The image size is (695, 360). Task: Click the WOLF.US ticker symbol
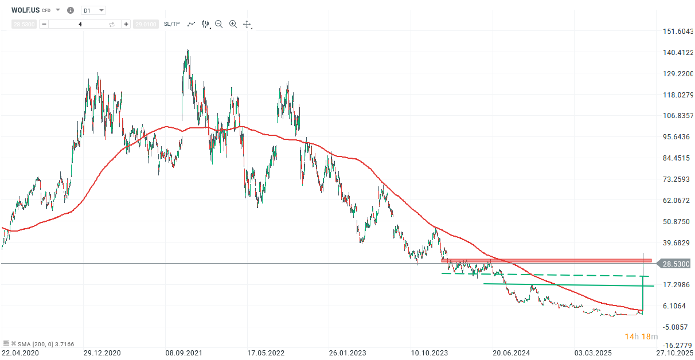click(x=25, y=10)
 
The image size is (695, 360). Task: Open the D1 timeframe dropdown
click(x=93, y=10)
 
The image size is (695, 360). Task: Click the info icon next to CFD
click(x=71, y=10)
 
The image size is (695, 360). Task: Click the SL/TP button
click(x=171, y=24)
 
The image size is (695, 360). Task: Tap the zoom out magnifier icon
click(x=218, y=24)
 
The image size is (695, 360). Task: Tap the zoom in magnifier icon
click(x=233, y=24)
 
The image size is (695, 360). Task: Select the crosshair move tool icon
click(x=247, y=24)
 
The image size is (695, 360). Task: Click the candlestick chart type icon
click(x=205, y=24)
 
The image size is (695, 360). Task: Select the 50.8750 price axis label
click(x=674, y=222)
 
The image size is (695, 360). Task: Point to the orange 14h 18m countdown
click(x=641, y=336)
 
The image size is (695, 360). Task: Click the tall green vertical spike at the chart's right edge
click(x=643, y=287)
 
